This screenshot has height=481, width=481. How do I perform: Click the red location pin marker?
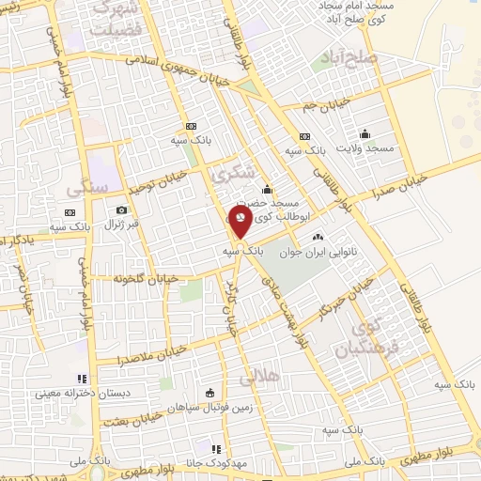(x=240, y=221)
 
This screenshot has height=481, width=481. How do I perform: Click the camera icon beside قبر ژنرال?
(x=121, y=210)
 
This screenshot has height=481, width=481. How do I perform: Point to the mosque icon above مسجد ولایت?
(x=365, y=132)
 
